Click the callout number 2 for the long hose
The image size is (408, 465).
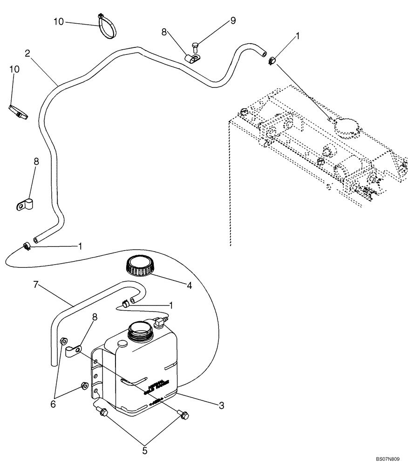[x=28, y=53]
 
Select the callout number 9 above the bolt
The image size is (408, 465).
[x=233, y=21]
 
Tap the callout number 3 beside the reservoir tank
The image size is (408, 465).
[x=222, y=405]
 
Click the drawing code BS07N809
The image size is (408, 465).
[x=388, y=459]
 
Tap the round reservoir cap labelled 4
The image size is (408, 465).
[x=138, y=266]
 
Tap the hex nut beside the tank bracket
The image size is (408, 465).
[x=84, y=385]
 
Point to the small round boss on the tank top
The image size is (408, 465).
[x=122, y=344]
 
